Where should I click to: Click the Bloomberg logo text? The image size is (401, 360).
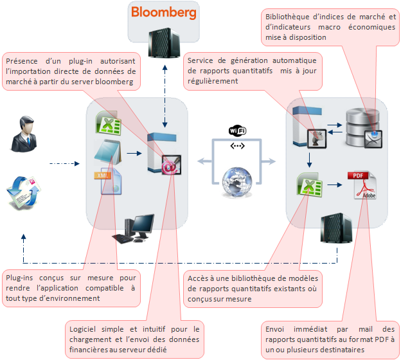click(x=163, y=12)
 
